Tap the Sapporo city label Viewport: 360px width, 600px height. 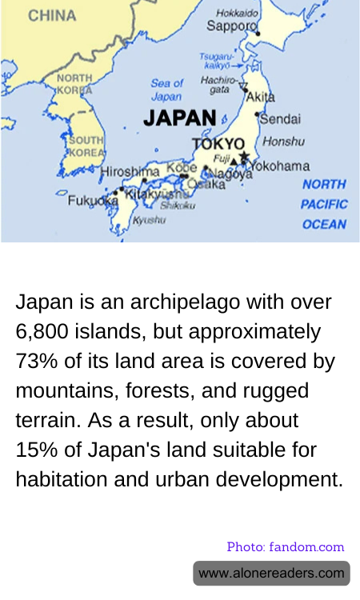[x=230, y=26]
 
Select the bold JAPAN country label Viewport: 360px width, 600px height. [x=180, y=118]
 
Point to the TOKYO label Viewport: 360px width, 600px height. [x=218, y=144]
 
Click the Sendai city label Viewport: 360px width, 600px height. [x=281, y=118]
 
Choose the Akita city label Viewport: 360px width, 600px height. [x=260, y=97]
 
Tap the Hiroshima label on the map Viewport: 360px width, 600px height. [x=130, y=171]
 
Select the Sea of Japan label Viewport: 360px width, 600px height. [x=166, y=90]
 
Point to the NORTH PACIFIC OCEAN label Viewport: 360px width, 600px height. [x=324, y=205]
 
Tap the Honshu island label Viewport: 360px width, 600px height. [x=283, y=142]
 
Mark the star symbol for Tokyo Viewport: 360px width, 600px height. [x=244, y=157]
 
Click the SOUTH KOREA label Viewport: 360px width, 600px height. [x=86, y=146]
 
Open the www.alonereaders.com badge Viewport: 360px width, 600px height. [x=271, y=573]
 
